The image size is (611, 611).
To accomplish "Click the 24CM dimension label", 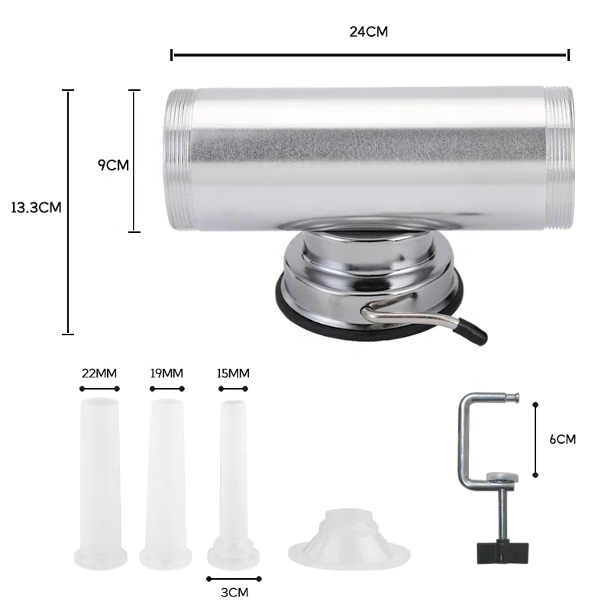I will point(369,31).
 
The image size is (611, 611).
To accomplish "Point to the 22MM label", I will point(99,373).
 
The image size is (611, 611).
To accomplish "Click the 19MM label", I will point(166,373).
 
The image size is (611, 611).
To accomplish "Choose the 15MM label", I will point(233,373).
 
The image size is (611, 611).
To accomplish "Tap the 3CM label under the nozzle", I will point(234,592).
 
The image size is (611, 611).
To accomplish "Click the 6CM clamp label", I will point(562,439).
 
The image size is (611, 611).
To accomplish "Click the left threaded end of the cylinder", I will point(177,161).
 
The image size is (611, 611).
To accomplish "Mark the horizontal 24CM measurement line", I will point(370,54).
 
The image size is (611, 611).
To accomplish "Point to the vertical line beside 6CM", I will point(535,439).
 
